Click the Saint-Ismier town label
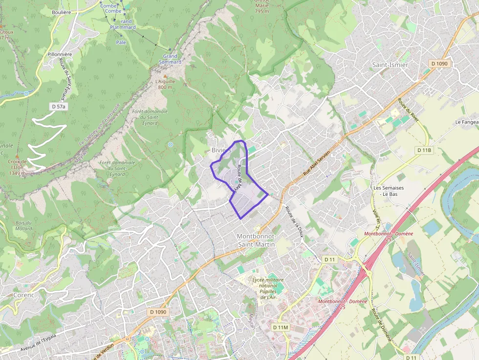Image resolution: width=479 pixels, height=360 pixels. [x=390, y=64]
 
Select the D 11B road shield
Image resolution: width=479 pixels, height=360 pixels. [x=424, y=150]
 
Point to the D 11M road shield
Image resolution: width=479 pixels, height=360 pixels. [x=281, y=327]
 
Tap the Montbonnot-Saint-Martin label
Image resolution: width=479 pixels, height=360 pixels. [x=256, y=239]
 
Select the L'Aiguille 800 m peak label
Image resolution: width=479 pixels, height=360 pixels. [x=165, y=85]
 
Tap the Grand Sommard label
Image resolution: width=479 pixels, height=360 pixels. [x=170, y=59]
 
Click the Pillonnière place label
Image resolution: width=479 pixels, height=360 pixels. [x=60, y=54]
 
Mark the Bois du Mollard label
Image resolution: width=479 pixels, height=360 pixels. [x=23, y=226]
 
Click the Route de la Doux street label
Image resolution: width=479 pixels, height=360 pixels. [x=295, y=221]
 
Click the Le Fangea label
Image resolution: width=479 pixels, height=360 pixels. [x=466, y=122]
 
